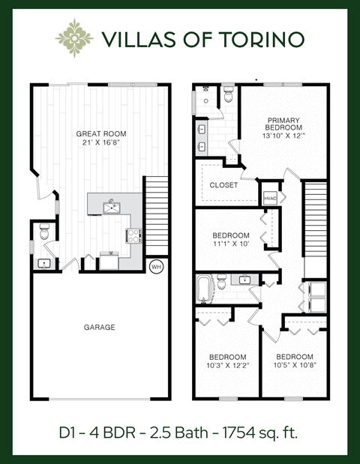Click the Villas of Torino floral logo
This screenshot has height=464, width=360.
[x=76, y=37]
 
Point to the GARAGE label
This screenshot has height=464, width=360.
[x=99, y=327]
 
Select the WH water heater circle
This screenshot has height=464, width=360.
[x=157, y=266]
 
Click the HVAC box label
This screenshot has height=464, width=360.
[x=270, y=198]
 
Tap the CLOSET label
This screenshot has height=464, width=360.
[x=223, y=184]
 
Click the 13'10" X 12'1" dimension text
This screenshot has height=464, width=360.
[x=283, y=136]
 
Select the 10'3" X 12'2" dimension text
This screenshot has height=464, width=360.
[x=226, y=366]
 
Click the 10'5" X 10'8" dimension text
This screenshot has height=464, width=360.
[x=294, y=366]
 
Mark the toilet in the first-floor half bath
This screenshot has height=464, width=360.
[x=44, y=234]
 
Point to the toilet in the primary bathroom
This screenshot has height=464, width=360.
[x=228, y=94]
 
